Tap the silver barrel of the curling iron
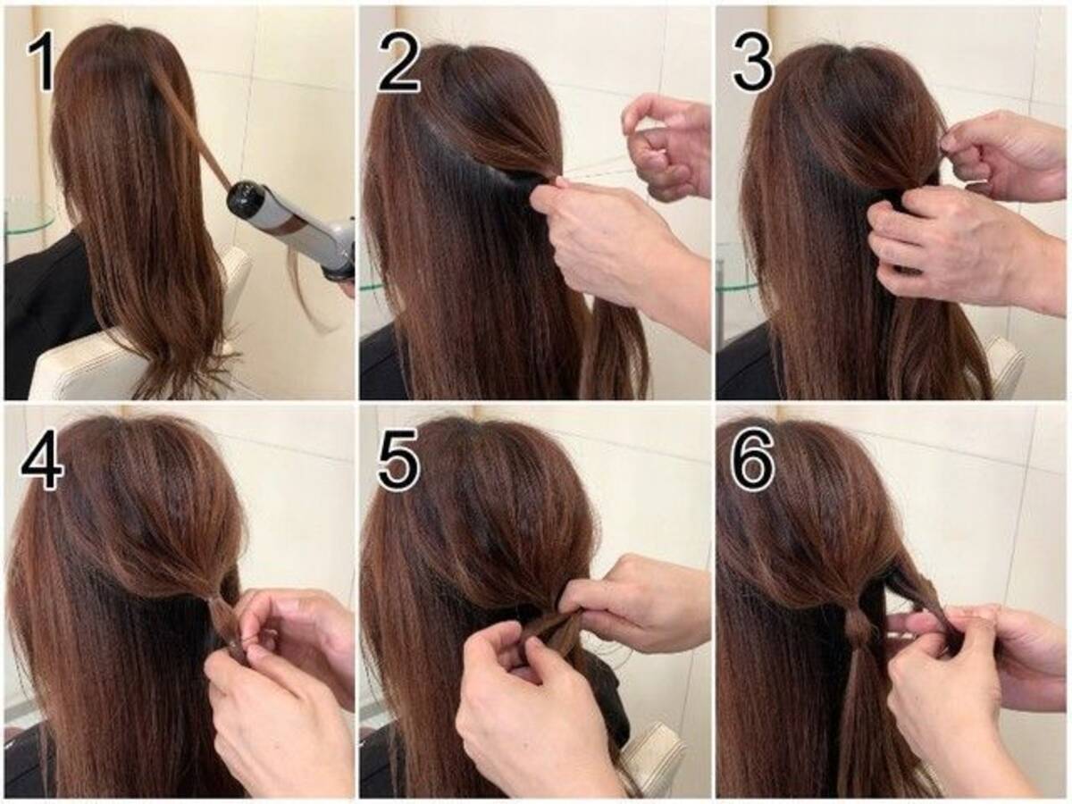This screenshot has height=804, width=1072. (289, 214)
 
